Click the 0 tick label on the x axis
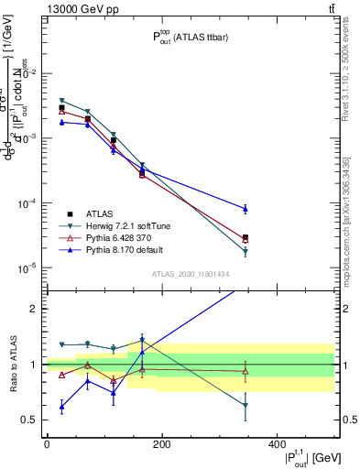[x=47, y=443]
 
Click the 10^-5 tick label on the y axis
[x=27, y=268]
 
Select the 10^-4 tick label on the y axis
[x=27, y=203]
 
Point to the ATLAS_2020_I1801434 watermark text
[x=190, y=274]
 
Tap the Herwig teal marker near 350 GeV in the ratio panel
[x=245, y=405]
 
